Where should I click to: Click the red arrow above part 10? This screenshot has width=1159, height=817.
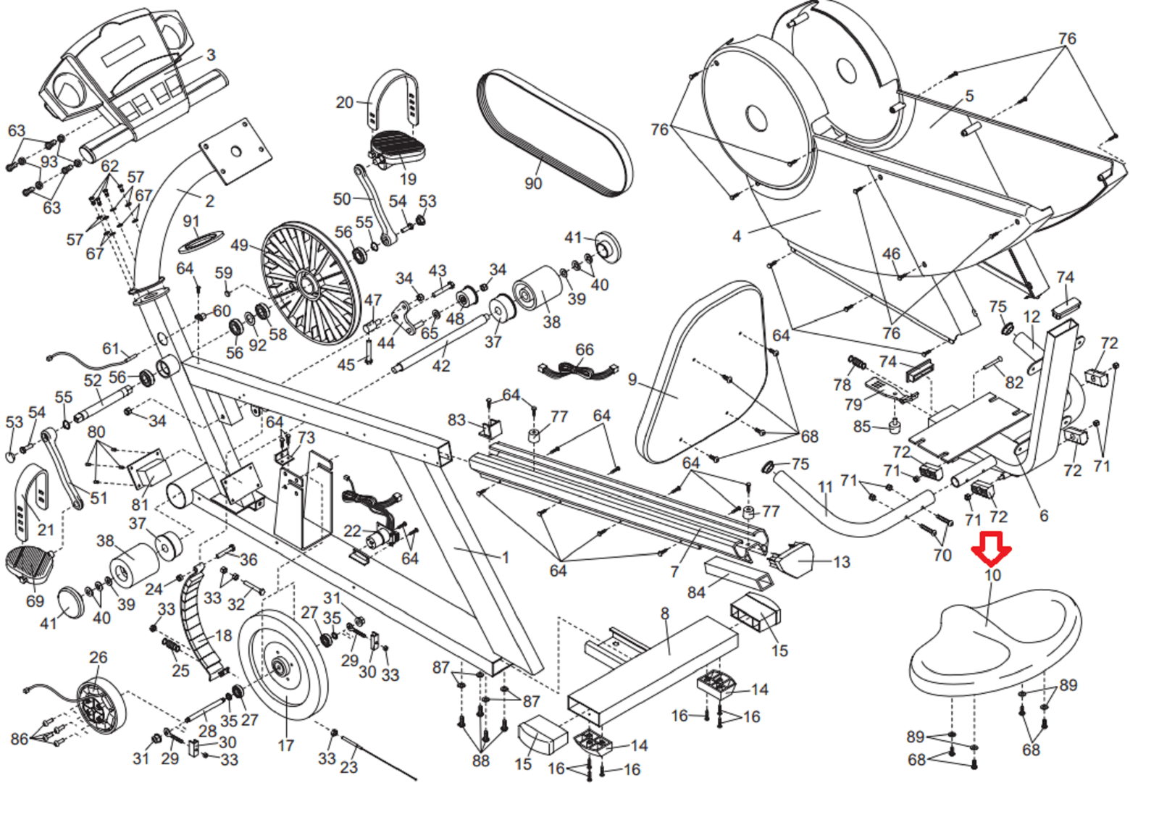click(991, 548)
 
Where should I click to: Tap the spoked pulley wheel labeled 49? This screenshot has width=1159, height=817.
click(309, 282)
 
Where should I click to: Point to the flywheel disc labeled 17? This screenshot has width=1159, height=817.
click(283, 666)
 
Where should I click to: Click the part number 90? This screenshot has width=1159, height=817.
click(533, 183)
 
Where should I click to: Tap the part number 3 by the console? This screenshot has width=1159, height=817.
click(211, 54)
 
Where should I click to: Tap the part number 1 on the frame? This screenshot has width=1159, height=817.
click(505, 557)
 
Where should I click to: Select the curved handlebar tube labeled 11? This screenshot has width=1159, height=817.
click(848, 511)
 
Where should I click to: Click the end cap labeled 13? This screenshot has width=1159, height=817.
click(794, 560)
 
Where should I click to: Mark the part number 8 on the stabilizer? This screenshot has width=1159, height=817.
click(664, 614)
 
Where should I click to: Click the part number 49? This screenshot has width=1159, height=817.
click(239, 245)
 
